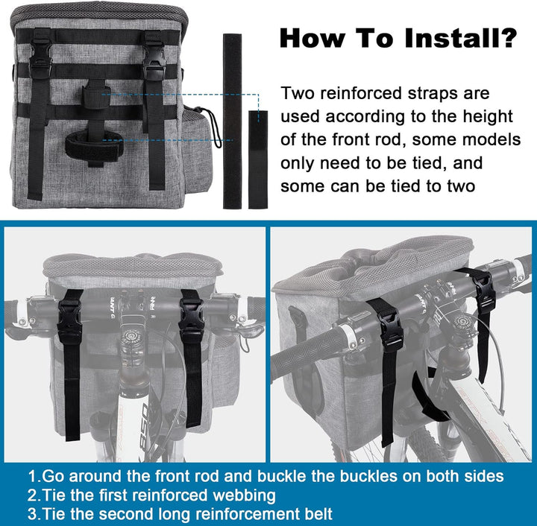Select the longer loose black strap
click(x=232, y=121)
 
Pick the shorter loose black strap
click(x=258, y=159)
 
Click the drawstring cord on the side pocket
click(x=210, y=125)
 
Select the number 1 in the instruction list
click(x=32, y=476)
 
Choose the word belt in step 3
click(x=317, y=514)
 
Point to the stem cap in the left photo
click(x=131, y=336)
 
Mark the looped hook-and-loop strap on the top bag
click(x=93, y=146)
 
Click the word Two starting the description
click(x=298, y=93)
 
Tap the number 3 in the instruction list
click(x=32, y=514)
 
